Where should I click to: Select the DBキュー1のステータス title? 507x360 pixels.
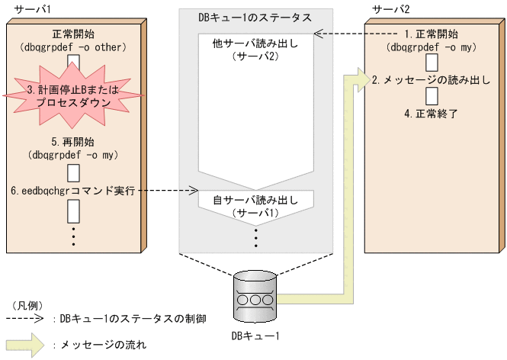[255, 16]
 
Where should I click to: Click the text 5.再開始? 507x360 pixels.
[73, 142]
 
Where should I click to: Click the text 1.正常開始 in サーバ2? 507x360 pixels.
[432, 34]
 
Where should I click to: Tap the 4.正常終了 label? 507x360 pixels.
[432, 114]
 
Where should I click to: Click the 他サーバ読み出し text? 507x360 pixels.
[255, 43]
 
